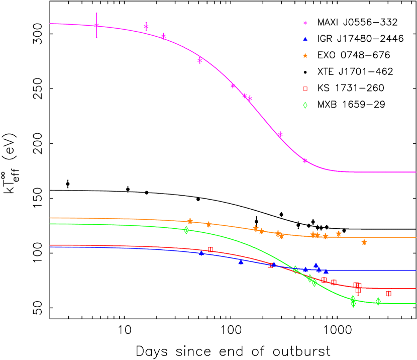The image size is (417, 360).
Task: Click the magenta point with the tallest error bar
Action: click(96, 25)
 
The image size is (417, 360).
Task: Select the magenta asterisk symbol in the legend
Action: click(305, 23)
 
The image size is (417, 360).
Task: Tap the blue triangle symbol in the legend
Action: click(305, 39)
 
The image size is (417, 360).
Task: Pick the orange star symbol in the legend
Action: click(305, 56)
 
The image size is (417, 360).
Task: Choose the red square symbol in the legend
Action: click(305, 89)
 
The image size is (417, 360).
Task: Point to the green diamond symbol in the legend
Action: click(305, 105)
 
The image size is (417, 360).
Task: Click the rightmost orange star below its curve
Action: click(364, 242)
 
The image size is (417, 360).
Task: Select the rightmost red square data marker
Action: click(388, 293)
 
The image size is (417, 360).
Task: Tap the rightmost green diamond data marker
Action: click(378, 301)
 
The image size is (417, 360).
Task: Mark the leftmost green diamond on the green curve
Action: click(186, 230)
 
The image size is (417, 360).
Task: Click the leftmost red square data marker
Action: click(211, 249)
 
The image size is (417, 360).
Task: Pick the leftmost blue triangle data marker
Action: click(201, 253)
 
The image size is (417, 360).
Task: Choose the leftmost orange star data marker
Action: click(190, 221)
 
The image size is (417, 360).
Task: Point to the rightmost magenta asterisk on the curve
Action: click(305, 160)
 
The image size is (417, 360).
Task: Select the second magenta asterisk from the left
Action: click(146, 27)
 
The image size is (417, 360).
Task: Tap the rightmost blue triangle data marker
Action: click(326, 272)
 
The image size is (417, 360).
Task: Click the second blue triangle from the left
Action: click(241, 262)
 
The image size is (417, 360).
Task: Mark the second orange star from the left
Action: click(208, 224)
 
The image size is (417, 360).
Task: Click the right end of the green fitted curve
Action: click(415, 303)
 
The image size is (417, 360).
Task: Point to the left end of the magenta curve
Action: click(50, 24)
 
